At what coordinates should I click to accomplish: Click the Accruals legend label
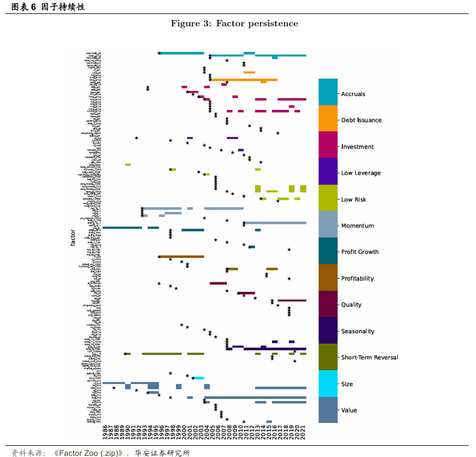[x=353, y=94]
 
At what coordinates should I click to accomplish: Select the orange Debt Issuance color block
[x=329, y=118]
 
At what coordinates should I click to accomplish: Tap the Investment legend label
[x=357, y=147]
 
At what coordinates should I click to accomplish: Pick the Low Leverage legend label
[x=360, y=173]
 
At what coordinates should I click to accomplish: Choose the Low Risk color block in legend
[x=329, y=198]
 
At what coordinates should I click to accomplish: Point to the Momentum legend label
[x=358, y=226]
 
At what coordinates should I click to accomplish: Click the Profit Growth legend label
[x=360, y=252]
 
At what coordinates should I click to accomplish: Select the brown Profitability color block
[x=329, y=277]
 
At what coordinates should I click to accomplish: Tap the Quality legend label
[x=351, y=305]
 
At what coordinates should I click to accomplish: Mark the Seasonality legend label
[x=358, y=331]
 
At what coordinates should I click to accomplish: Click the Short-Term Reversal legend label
[x=369, y=358]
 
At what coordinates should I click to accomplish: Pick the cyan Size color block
[x=329, y=383]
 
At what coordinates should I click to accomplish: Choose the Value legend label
[x=349, y=411]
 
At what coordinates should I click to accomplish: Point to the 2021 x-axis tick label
[x=303, y=432]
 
